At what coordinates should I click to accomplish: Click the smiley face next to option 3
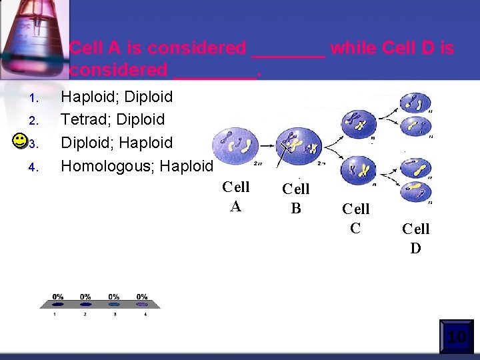point(20,141)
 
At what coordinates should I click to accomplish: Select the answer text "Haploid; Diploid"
point(117,97)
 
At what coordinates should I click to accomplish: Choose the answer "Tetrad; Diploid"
point(113,119)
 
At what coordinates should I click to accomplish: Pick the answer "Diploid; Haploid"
point(117,143)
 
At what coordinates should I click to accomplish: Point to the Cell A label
point(235,197)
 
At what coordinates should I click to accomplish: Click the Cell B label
point(295,199)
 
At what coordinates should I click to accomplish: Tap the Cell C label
point(355,219)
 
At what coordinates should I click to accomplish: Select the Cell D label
point(415,239)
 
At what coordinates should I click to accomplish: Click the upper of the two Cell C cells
point(359,124)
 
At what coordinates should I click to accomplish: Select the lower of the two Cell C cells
point(359,169)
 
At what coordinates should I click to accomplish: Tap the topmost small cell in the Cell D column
point(415,103)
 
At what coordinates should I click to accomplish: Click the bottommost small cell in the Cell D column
point(415,191)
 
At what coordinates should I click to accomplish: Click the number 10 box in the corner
point(456,337)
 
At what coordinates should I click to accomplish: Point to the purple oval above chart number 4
point(142,305)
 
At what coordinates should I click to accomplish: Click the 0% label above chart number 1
point(58,297)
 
